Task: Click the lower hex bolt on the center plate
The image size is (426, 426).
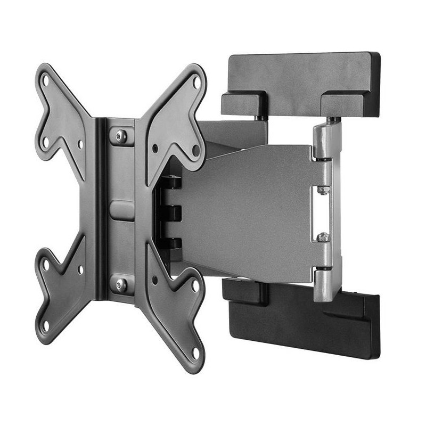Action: pos(121,284)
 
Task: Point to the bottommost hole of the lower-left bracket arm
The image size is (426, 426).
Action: pos(46,323)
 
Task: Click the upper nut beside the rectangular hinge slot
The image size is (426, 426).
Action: pos(322,190)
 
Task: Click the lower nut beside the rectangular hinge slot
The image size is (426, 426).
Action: pos(322,236)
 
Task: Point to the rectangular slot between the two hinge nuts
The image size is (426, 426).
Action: pos(323,213)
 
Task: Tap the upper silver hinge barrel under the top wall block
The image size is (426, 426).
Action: pos(323,141)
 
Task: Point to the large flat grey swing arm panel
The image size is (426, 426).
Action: pos(250,213)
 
